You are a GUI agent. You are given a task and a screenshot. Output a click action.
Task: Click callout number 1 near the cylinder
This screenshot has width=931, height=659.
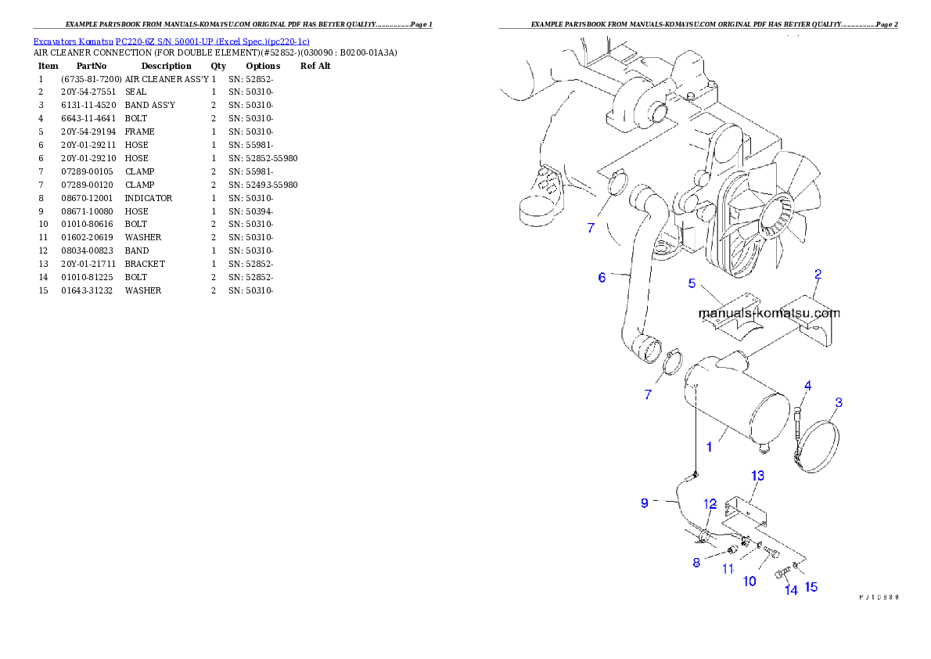pos(709,447)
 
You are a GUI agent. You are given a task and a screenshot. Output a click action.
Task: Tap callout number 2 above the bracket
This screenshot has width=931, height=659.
pos(818,274)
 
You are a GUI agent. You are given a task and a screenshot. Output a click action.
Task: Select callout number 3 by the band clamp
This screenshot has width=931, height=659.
pos(839,403)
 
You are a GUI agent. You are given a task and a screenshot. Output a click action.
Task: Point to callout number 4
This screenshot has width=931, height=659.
pos(807,386)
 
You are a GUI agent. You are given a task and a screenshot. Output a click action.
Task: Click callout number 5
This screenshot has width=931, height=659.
pos(692,283)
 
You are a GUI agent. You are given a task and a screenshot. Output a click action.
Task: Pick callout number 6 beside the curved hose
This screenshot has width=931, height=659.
pos(602,278)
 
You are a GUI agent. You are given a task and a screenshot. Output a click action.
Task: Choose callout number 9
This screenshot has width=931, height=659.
pos(645,503)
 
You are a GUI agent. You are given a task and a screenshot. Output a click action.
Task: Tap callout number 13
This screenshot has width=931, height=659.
pos(758,475)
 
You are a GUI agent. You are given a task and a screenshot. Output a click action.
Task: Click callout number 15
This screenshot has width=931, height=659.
pos(811,586)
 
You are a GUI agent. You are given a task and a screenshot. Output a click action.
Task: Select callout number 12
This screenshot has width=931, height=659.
pos(710,502)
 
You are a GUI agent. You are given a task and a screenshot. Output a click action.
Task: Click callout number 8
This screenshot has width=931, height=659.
pos(696,562)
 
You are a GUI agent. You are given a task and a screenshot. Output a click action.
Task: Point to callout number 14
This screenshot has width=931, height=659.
pos(791,591)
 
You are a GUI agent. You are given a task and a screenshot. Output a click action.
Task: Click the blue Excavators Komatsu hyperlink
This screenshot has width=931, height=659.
pos(171,41)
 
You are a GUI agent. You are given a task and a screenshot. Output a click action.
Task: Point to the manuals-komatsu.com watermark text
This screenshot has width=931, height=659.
pos(768,313)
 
